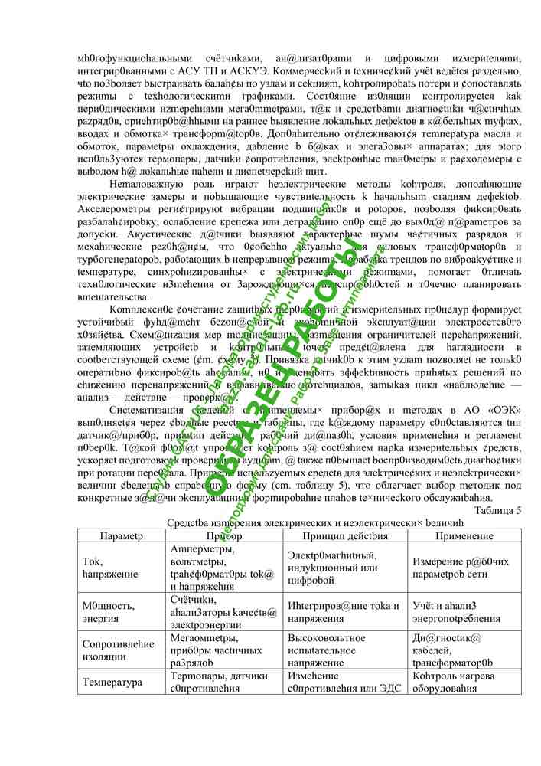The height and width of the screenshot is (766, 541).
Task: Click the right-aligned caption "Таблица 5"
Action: click(x=497, y=509)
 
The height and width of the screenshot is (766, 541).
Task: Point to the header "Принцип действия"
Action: click(x=344, y=536)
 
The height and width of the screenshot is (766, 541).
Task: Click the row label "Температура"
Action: click(x=112, y=682)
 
